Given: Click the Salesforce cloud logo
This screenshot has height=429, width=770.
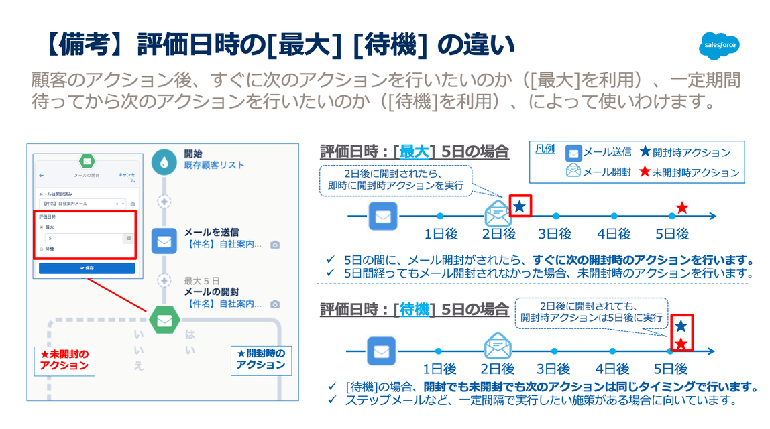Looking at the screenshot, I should (720, 46).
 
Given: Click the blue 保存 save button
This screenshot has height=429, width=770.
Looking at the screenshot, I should (87, 268).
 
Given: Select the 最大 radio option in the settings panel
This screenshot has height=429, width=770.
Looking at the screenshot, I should (42, 227).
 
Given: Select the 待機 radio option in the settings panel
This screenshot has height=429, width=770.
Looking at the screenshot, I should (42, 249).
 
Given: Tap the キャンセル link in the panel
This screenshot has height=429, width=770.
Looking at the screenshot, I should (126, 178).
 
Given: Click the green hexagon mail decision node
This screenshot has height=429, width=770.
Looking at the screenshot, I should (164, 320).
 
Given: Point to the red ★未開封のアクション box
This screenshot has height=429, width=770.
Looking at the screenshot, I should (64, 360).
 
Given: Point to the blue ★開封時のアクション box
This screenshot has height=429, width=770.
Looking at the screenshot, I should (261, 359).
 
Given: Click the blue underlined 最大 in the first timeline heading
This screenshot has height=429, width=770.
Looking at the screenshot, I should (414, 151).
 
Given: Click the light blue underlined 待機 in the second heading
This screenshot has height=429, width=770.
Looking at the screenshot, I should (414, 310).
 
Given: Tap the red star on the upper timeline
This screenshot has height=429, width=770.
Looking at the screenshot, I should (681, 208).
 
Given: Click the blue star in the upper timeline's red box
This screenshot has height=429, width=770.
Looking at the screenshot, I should (520, 206).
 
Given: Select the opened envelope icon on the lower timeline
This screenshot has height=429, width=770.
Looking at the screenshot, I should (497, 347).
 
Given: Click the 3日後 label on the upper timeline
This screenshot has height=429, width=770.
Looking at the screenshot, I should (555, 233).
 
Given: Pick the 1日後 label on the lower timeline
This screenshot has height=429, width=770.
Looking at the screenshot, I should (439, 369).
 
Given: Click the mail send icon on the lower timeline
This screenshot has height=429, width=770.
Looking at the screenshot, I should (382, 351).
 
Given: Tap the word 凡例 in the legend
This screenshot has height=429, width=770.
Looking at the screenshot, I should (545, 149).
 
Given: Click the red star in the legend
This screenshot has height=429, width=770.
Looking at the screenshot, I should (645, 172).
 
